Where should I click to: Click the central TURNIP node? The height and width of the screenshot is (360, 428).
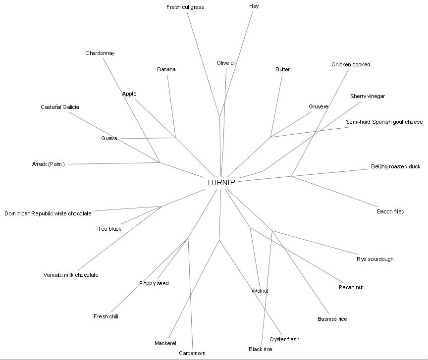point(221,182)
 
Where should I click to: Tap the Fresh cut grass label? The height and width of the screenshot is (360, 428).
point(185,7)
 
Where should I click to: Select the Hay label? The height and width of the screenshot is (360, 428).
point(254,6)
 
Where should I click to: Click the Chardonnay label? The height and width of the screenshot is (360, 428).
point(100,53)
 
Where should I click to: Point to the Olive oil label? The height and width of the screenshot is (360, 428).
point(226,63)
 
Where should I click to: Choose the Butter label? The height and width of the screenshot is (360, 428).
point(282,69)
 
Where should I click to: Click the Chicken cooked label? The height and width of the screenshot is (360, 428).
point(351,64)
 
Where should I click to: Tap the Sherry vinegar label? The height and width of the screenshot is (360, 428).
point(367,96)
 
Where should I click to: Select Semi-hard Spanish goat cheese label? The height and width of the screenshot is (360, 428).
point(384,122)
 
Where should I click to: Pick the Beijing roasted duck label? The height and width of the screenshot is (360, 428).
point(395,166)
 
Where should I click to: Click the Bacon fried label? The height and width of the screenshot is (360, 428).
point(390,211)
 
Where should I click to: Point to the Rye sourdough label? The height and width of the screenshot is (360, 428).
point(375,259)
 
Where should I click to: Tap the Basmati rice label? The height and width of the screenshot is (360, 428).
point(332,319)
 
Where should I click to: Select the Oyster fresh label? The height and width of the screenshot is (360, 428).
point(284,339)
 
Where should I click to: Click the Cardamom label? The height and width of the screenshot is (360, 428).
point(192,353)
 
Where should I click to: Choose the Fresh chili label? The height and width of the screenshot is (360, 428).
point(106,316)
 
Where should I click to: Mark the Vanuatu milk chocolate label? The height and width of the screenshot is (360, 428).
point(71,275)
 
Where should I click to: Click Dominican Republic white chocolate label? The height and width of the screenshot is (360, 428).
point(48,213)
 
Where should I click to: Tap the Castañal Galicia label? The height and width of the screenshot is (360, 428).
point(60,107)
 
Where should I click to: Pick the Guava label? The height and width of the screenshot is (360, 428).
point(109,138)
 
